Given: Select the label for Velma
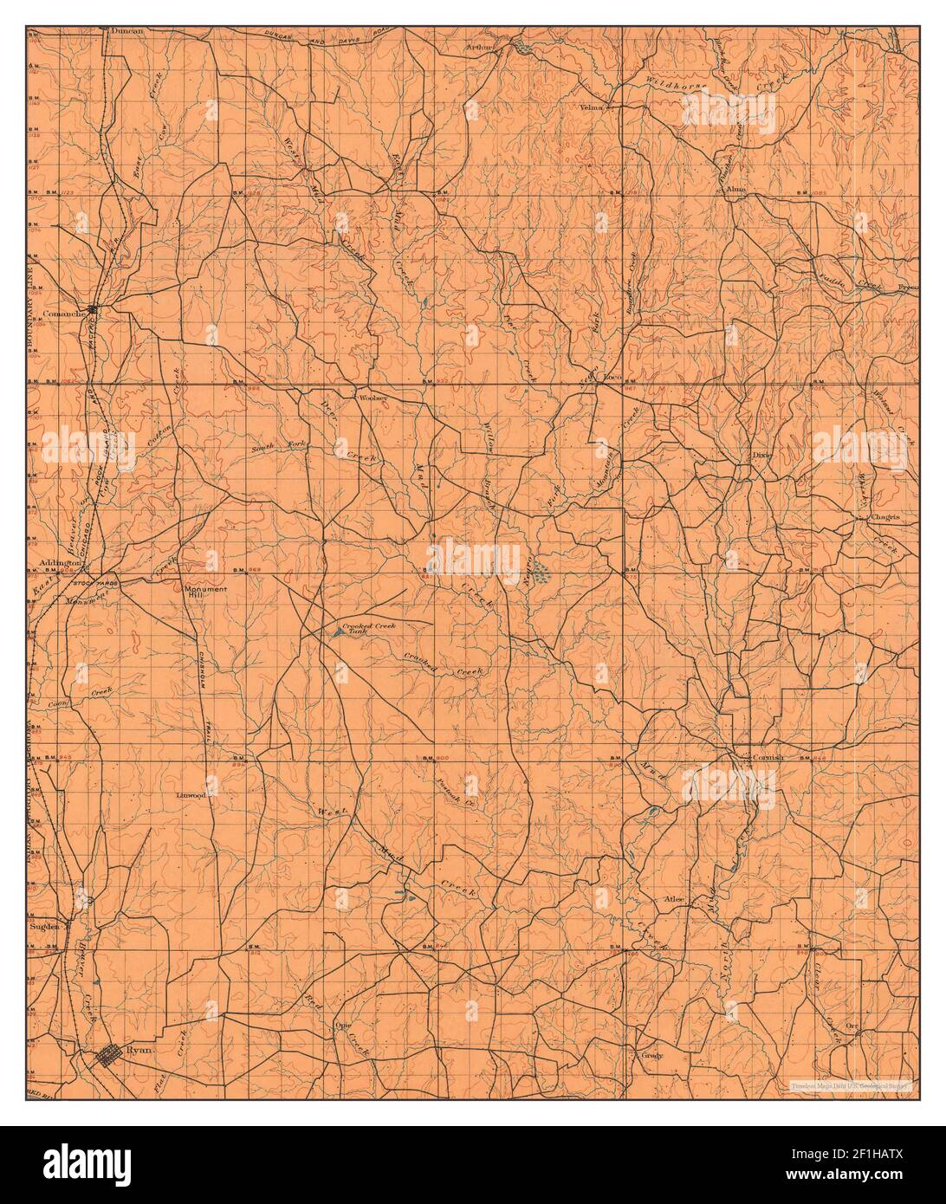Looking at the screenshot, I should (x=592, y=107).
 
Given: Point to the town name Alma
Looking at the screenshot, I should (x=736, y=189).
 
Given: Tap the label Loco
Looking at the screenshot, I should (x=613, y=378).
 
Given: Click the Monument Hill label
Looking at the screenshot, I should (x=205, y=593).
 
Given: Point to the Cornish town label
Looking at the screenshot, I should (x=768, y=757).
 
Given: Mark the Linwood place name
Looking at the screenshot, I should (x=191, y=794).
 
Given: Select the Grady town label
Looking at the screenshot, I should (x=651, y=1056).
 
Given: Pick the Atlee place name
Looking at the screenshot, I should (x=674, y=899).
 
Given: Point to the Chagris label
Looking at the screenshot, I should (x=885, y=517).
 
